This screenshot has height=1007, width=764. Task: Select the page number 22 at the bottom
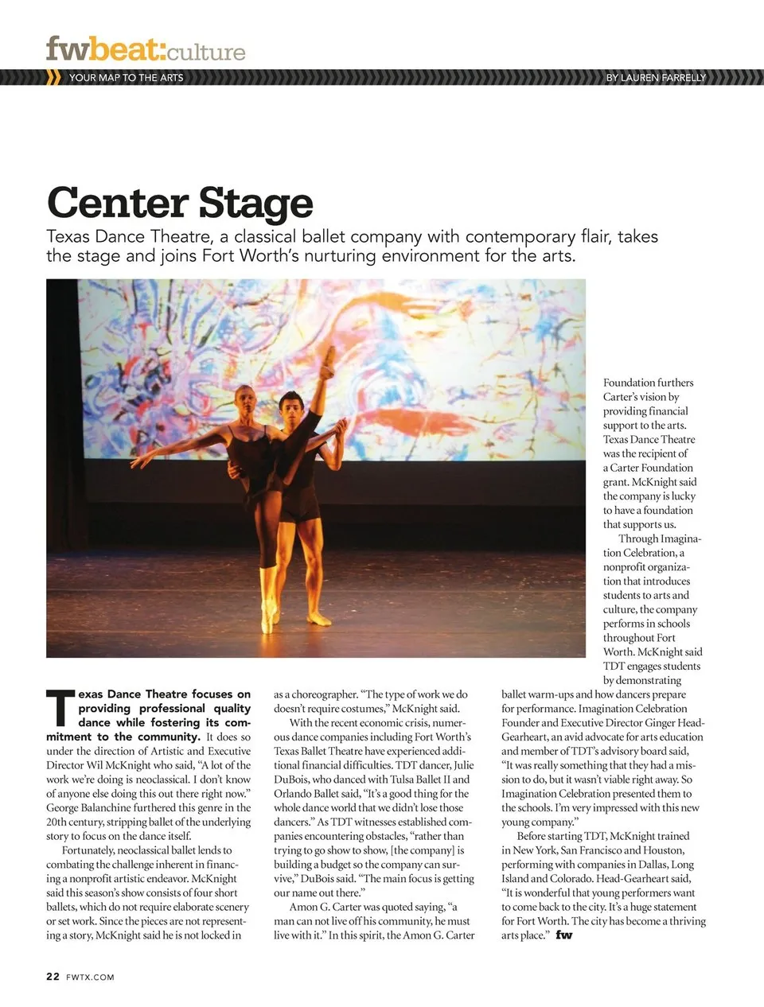(53, 977)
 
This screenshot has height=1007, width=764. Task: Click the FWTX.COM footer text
(90, 978)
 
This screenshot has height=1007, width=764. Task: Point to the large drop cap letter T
(60, 708)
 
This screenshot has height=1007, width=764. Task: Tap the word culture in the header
(206, 52)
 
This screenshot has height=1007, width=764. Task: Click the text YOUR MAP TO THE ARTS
(126, 78)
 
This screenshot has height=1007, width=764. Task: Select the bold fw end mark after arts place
(563, 935)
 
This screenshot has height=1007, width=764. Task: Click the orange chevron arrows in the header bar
(54, 78)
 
